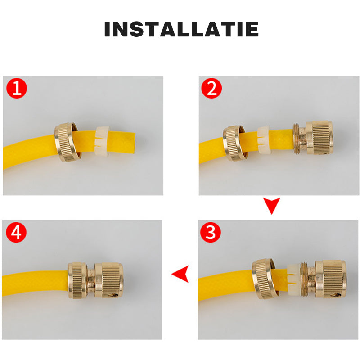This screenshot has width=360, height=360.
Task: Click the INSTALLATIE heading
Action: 181,29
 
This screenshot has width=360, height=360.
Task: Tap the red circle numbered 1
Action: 17,88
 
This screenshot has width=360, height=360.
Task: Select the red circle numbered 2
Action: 211,88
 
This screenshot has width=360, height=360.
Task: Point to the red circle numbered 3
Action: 211,232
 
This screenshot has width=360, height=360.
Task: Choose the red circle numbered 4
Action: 16,232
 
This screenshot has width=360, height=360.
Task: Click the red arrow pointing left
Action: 180,274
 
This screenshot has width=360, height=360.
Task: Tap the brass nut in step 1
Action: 66,142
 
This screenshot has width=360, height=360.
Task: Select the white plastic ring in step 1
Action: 102,140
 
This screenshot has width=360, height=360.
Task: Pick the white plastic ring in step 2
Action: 264,140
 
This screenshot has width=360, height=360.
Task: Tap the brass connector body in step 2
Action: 313,138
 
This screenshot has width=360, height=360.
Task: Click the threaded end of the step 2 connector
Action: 297,138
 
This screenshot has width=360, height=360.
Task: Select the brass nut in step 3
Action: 263,279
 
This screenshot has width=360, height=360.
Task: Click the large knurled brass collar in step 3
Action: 331,279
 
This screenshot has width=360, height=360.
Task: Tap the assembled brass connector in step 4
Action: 96,280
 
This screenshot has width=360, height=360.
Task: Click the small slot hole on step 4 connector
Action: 113,294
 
